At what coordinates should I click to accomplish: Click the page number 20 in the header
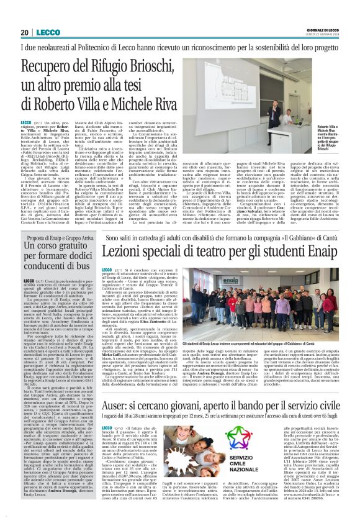tap(24, 32)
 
